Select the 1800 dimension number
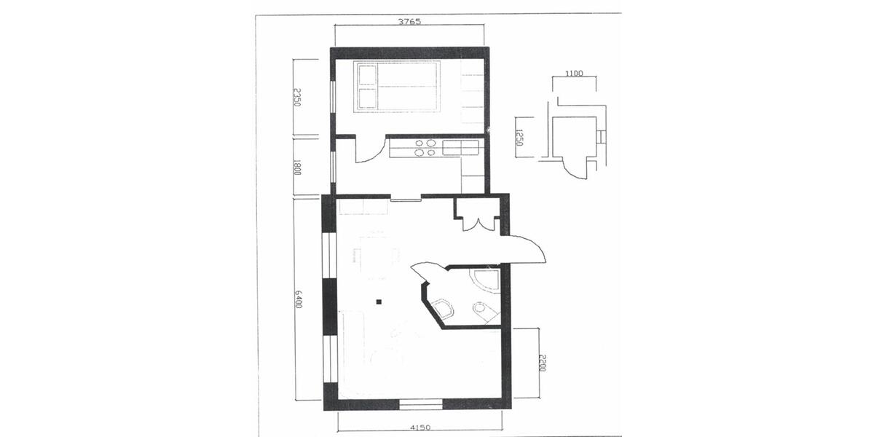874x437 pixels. [x=297, y=166]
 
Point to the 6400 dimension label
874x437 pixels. [x=299, y=298]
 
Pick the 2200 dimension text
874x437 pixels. [x=541, y=363]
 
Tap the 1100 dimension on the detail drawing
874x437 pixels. [x=574, y=74]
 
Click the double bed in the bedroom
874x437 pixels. [x=398, y=87]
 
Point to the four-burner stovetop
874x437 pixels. [x=425, y=149]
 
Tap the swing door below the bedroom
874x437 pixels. [x=370, y=150]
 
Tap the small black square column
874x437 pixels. [x=379, y=300]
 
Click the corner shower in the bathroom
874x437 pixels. [x=484, y=280]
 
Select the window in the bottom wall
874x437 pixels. [x=421, y=403]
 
